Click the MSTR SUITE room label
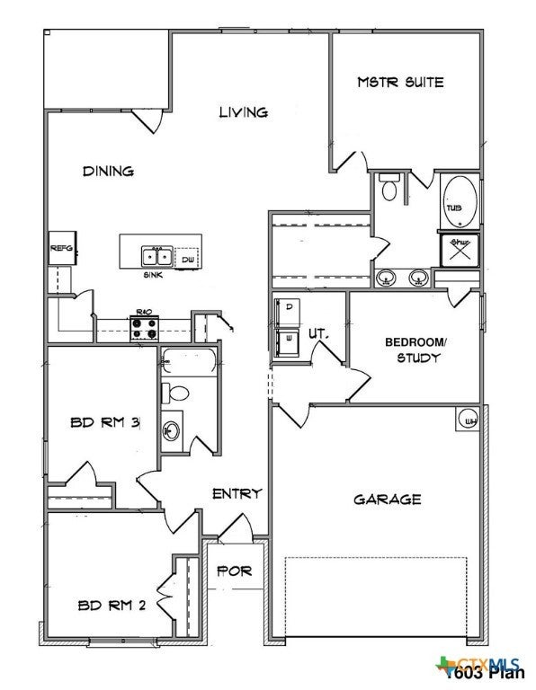[400, 83]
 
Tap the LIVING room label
[244, 112]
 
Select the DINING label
[108, 171]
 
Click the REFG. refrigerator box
[61, 248]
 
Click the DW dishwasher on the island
[187, 259]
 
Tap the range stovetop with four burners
[143, 330]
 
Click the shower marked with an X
[459, 249]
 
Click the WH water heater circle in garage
[469, 420]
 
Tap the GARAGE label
[387, 500]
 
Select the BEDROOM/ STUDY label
[415, 350]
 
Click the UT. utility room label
[317, 333]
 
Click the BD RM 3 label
[104, 422]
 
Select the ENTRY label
[237, 493]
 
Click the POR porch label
[236, 571]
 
